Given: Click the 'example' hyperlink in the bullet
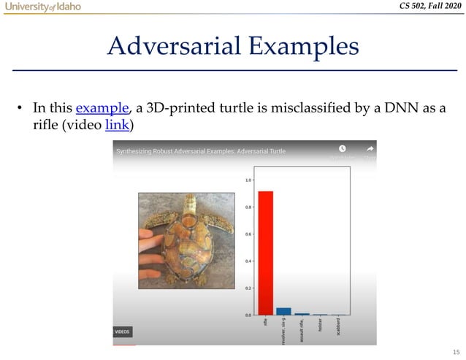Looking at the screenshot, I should pos(103,109).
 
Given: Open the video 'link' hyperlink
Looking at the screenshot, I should pos(118,125).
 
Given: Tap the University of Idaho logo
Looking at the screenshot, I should pos(42,7).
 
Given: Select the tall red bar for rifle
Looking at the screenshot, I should pos(265,253).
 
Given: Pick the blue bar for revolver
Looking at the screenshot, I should pos(283,311).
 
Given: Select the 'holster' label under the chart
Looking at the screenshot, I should pos(321,326).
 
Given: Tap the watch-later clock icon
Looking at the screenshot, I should pos(342,149).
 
